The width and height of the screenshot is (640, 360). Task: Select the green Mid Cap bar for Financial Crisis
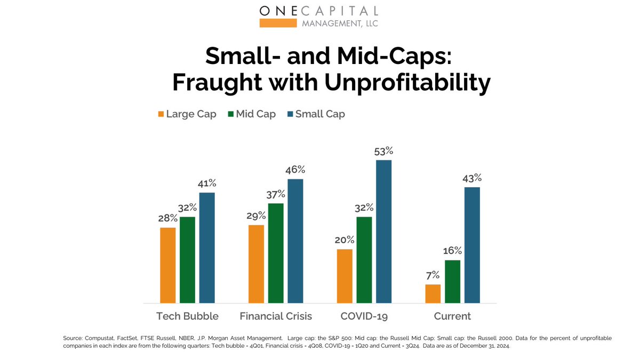pyautogui.click(x=276, y=253)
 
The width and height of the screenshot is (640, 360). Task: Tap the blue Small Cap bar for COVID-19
pyautogui.click(x=383, y=231)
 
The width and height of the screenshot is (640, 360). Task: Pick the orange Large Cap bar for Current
pyautogui.click(x=433, y=294)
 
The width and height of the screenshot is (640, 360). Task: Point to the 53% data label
pyautogui.click(x=383, y=151)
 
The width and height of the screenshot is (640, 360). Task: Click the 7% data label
pyautogui.click(x=433, y=275)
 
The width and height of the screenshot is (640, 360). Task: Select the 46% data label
pyautogui.click(x=295, y=170)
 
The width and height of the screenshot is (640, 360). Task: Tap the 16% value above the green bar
pyautogui.click(x=452, y=251)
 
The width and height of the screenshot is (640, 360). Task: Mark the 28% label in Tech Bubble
pyautogui.click(x=168, y=218)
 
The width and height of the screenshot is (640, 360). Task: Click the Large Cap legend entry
pyautogui.click(x=187, y=114)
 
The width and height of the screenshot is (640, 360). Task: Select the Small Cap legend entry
pyautogui.click(x=316, y=114)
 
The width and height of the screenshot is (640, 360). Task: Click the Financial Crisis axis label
pyautogui.click(x=276, y=316)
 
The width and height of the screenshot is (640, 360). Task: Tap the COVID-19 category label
pyautogui.click(x=364, y=316)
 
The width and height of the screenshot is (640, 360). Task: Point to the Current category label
pyautogui.click(x=452, y=316)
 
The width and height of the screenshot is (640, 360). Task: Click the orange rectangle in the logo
pyautogui.click(x=277, y=22)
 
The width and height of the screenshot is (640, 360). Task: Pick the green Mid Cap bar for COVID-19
pyautogui.click(x=364, y=260)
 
